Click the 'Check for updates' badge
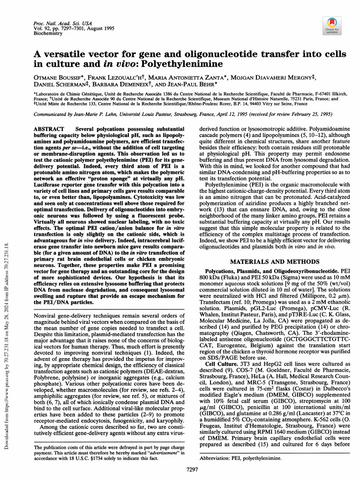click(331, 25)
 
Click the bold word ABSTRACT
click(51, 128)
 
